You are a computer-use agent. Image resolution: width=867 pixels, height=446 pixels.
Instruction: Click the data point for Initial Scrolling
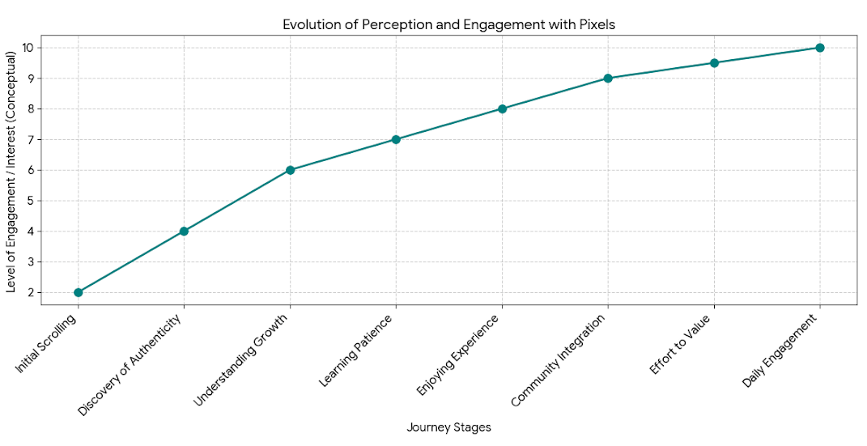click(x=78, y=292)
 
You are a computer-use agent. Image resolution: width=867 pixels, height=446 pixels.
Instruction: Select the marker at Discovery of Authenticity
click(x=184, y=231)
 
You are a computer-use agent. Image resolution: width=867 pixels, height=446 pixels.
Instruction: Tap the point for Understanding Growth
click(x=290, y=170)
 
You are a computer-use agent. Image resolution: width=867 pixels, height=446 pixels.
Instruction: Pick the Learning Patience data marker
click(x=396, y=139)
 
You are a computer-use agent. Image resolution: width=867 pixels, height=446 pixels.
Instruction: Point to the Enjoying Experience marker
click(x=502, y=108)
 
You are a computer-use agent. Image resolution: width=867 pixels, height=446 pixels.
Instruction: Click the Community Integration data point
click(x=608, y=79)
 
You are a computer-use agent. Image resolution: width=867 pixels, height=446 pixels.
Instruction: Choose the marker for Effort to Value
click(x=714, y=63)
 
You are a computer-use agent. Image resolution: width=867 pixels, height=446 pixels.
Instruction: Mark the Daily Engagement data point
click(x=820, y=48)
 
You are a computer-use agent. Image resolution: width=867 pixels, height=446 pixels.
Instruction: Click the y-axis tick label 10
click(x=28, y=48)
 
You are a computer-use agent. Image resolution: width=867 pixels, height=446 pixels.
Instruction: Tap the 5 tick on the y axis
click(x=30, y=201)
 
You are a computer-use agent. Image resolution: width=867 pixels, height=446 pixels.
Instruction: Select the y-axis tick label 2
click(x=30, y=292)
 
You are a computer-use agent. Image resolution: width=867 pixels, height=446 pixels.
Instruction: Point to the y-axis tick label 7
click(x=30, y=139)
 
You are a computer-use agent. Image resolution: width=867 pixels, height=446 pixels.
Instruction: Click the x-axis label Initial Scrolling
click(x=48, y=344)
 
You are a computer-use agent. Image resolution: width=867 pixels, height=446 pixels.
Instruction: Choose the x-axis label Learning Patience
click(x=357, y=350)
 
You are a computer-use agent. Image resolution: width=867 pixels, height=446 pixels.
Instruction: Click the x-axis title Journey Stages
click(x=448, y=427)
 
